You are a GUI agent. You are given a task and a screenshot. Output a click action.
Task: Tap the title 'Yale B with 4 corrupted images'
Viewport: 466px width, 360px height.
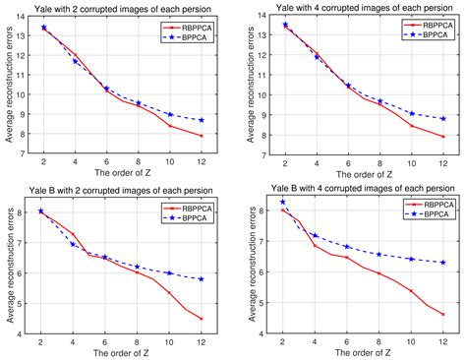coord(356,187)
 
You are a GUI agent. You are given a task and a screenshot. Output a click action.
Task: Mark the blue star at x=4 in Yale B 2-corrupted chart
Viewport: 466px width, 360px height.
coord(75,244)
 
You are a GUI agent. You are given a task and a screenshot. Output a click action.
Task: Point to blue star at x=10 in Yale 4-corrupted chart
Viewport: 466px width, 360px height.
coord(412,114)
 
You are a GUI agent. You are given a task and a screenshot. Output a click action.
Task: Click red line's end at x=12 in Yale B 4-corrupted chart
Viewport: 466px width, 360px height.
coord(443,315)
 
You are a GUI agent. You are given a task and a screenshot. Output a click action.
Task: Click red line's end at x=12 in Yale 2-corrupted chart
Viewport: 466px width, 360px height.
coord(201,136)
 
